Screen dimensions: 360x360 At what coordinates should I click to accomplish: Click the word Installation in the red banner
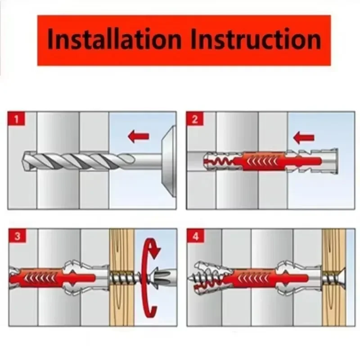[x=114, y=39]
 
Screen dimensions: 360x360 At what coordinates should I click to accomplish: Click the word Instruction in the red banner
[x=256, y=39]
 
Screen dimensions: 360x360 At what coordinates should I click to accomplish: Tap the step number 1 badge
[x=16, y=119]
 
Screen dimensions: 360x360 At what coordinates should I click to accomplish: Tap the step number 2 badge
[x=195, y=119]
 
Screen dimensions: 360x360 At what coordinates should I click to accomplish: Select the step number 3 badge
[x=18, y=236]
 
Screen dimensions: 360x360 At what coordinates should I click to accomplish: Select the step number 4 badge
[x=195, y=236]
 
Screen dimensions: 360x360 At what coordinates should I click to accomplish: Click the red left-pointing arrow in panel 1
[x=139, y=136]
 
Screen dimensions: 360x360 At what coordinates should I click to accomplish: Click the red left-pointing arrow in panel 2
[x=303, y=138]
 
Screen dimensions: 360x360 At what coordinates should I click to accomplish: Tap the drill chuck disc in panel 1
[x=169, y=161]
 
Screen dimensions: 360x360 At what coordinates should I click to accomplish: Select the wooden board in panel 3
[x=121, y=277]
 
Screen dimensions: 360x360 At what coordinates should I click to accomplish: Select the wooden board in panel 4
[x=333, y=277]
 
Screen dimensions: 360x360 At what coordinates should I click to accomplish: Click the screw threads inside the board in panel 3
[x=121, y=278]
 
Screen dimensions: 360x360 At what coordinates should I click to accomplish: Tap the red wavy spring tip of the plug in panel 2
[x=218, y=162]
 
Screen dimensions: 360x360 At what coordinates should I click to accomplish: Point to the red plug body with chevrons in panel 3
[x=52, y=277]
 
